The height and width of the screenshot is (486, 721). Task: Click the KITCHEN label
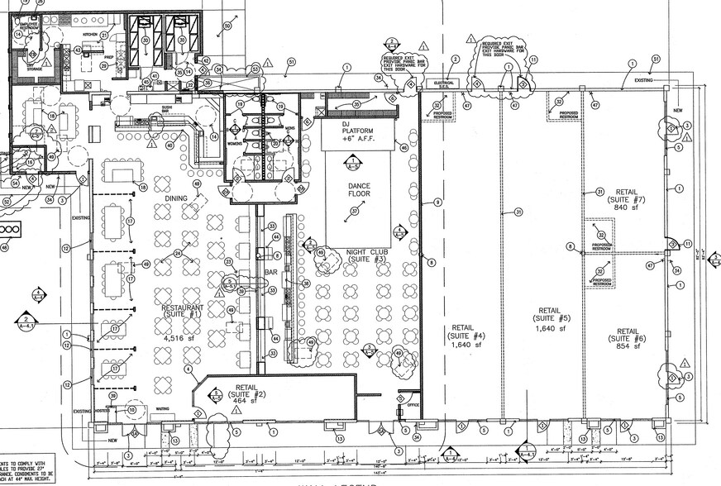[x=90, y=34]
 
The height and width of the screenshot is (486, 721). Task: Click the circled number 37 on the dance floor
[x=356, y=211]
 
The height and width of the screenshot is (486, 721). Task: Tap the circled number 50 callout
[x=226, y=27]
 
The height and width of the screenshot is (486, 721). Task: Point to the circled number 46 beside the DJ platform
[x=403, y=148]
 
